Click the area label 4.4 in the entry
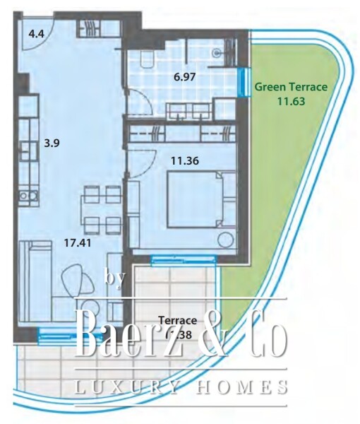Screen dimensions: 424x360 point(35,33)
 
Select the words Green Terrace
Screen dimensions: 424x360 point(291,88)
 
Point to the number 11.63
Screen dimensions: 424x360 point(291,100)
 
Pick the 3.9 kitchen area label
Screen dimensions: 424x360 point(52,142)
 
